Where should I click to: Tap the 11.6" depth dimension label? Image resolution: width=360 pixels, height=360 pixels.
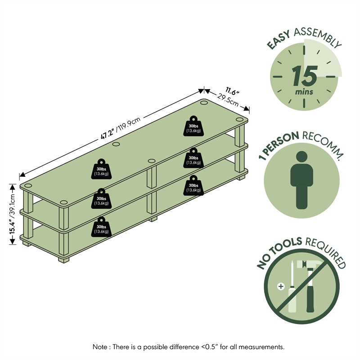232,91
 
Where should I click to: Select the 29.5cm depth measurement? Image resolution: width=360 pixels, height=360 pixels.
228,100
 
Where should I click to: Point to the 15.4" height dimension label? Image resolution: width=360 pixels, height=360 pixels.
12,227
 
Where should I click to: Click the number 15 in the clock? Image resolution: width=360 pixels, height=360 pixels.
305,76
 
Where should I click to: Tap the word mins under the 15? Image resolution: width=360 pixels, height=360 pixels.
304,92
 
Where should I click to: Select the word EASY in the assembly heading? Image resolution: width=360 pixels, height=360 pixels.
279,40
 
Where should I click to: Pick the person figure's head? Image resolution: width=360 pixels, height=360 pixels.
301,157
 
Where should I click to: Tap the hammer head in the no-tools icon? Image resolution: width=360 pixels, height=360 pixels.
307,265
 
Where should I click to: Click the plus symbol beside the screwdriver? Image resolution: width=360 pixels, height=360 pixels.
281,287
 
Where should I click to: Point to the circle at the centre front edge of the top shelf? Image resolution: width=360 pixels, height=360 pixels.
152,161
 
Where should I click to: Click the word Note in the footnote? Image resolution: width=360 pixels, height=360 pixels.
100,346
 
